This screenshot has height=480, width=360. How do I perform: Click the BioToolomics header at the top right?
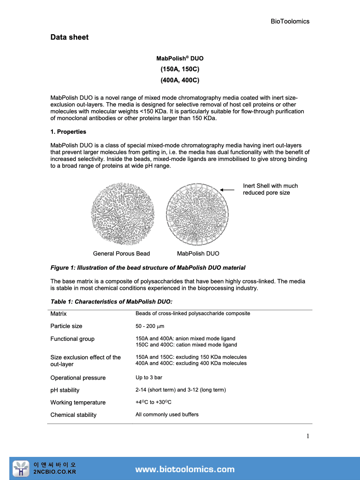[x=290, y=21]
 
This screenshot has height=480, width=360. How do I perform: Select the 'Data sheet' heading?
[x=69, y=37]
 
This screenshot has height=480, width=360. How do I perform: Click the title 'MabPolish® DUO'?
[x=180, y=59]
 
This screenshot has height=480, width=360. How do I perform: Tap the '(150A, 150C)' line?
[x=180, y=69]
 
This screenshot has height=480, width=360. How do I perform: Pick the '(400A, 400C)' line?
[x=180, y=80]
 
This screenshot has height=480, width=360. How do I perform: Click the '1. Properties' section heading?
[x=68, y=132]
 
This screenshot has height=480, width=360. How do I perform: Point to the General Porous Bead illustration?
[x=121, y=213]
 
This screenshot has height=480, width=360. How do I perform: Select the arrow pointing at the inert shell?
[x=227, y=190]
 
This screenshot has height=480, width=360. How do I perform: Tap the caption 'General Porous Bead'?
[x=121, y=254]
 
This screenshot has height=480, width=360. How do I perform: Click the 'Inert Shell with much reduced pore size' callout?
[x=270, y=189]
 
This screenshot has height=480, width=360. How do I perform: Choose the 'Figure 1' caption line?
[x=148, y=268]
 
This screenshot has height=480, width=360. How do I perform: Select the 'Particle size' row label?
[x=66, y=326]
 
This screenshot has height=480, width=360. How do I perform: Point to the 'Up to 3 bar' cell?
[x=149, y=378]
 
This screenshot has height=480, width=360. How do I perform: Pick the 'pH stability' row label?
[x=65, y=390]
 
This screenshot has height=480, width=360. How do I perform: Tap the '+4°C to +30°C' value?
[x=153, y=402]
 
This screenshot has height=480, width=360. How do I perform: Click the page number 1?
[x=308, y=436]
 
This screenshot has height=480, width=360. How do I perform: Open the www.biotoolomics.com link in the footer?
[x=184, y=469]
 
